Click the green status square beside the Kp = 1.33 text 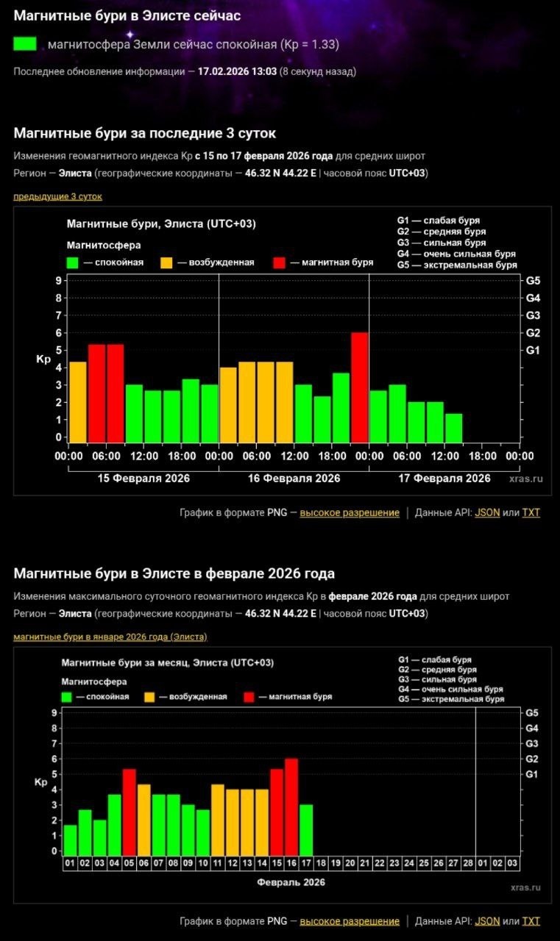click(x=25, y=44)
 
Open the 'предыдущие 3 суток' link click(x=57, y=196)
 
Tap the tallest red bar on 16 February click(x=359, y=387)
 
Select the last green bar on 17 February click(x=454, y=428)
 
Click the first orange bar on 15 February click(x=78, y=402)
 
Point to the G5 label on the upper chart click(x=534, y=281)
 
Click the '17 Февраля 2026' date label click(x=444, y=479)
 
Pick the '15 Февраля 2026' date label click(x=143, y=479)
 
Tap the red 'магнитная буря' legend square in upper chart click(x=279, y=262)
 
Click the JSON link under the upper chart click(x=486, y=512)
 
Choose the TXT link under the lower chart click(x=531, y=921)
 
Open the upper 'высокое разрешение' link click(x=350, y=512)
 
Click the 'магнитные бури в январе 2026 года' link click(x=110, y=637)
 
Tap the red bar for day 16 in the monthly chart click(x=291, y=805)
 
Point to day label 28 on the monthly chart click(x=468, y=863)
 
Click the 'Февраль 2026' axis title click(x=291, y=882)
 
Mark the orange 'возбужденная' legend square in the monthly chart click(x=150, y=696)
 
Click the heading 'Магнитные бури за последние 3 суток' click(x=145, y=132)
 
